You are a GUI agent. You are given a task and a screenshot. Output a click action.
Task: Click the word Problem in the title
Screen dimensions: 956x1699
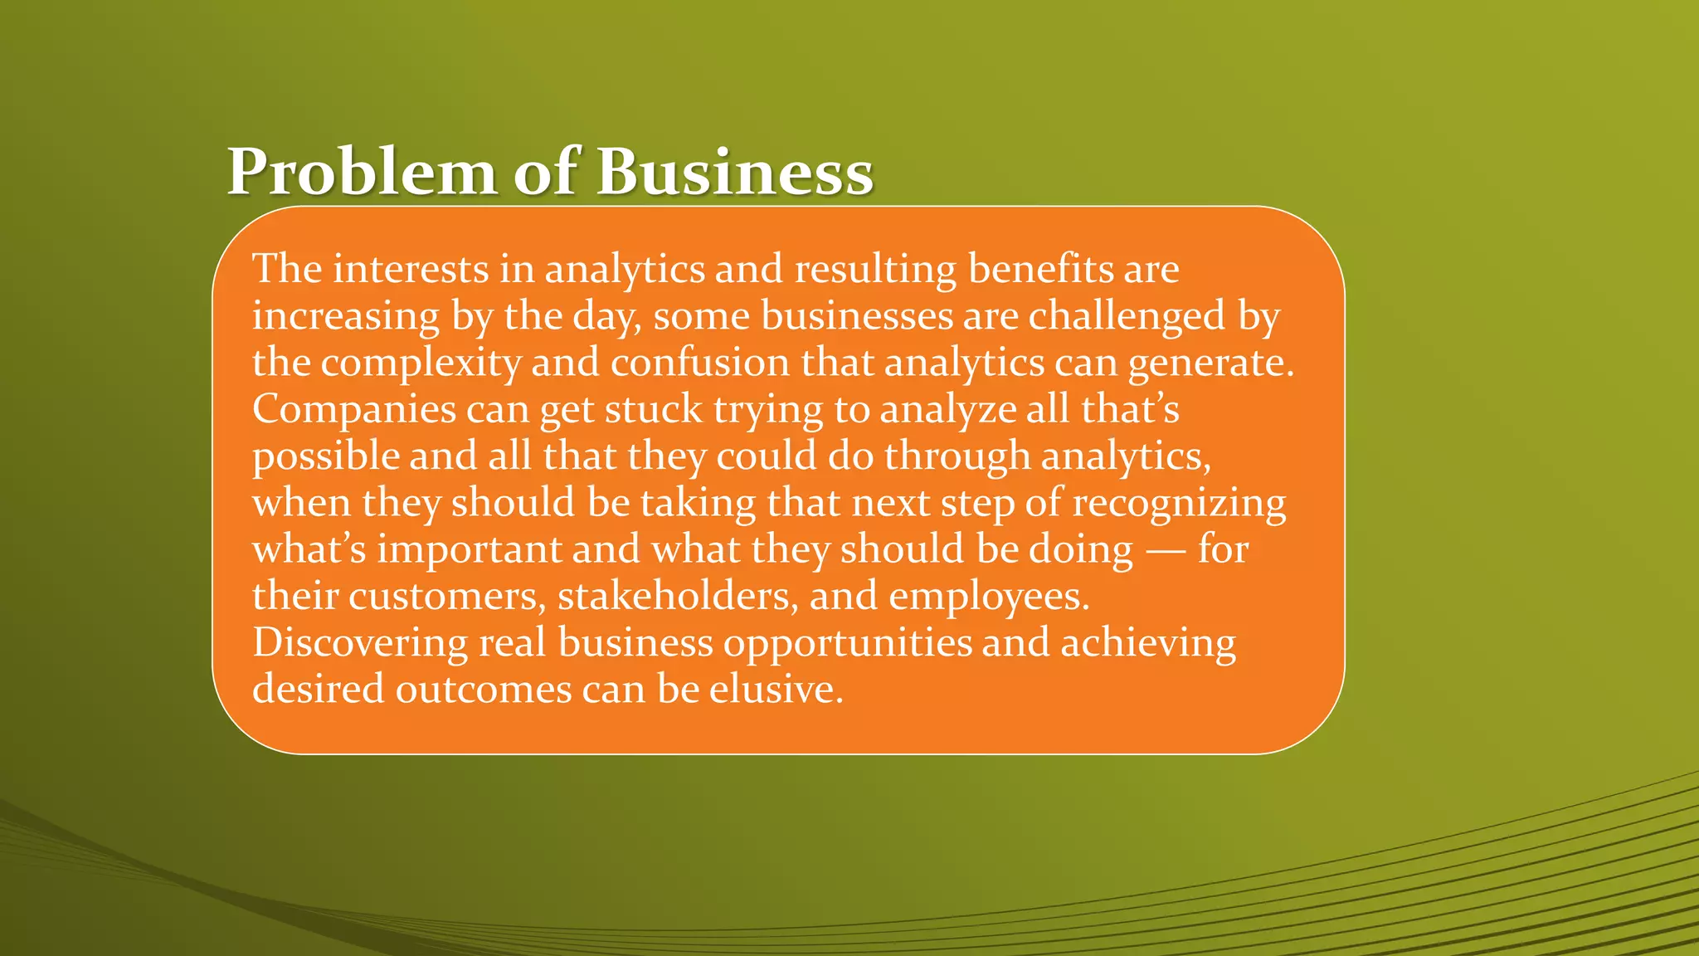point(361,173)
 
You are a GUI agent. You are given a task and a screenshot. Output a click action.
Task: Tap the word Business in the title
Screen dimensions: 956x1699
point(735,173)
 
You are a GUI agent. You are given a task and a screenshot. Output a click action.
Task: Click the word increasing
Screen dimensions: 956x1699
point(346,316)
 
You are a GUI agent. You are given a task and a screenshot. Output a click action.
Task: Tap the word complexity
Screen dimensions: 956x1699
point(421,363)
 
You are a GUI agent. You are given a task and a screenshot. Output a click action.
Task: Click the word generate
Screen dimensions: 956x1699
point(1210,363)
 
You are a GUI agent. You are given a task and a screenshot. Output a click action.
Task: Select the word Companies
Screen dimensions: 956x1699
point(354,410)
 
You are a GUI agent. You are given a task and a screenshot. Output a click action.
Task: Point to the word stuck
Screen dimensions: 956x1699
point(654,409)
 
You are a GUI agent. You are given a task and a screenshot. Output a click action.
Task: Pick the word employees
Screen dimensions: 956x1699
point(988,597)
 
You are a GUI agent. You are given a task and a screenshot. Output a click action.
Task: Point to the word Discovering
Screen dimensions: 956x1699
point(360,643)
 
